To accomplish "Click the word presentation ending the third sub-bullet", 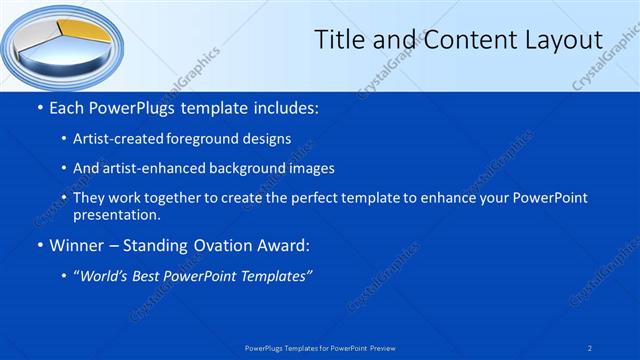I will pos(115,214).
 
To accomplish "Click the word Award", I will pos(282,245).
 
